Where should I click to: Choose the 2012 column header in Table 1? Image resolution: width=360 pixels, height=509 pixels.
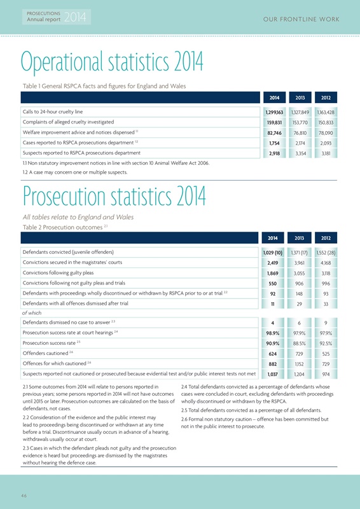point(326,99)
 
